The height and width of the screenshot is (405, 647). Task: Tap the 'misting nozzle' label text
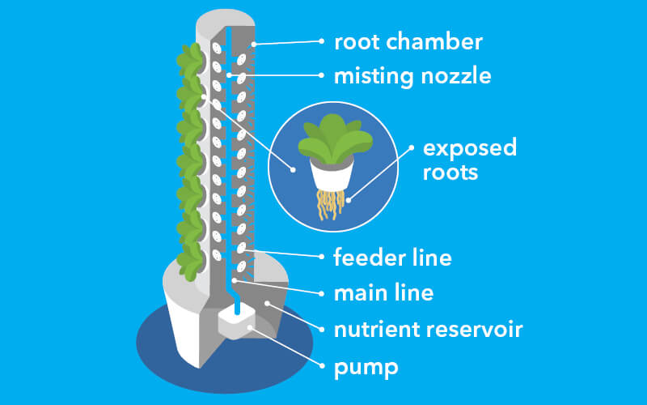[x=412, y=77]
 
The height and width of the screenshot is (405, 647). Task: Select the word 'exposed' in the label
[x=470, y=149]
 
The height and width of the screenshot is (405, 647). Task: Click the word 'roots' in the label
[x=451, y=173]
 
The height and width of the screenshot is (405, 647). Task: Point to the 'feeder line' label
[x=392, y=258]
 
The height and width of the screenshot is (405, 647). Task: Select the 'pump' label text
[x=366, y=368]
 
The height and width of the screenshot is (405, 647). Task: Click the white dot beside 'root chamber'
[x=322, y=40]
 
